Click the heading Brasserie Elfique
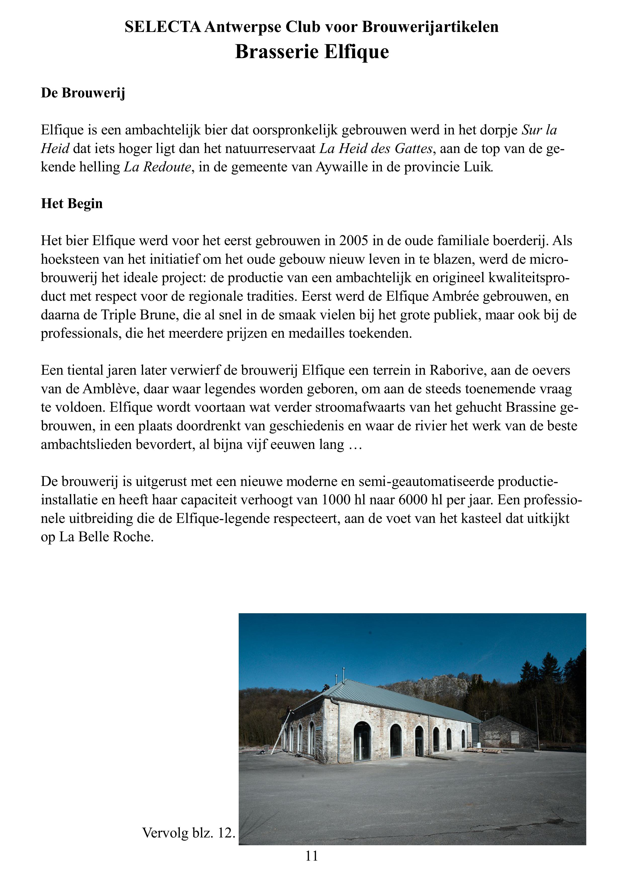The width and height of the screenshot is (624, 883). point(312,52)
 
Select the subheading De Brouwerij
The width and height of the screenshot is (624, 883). point(83,93)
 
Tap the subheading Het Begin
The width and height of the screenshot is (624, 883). point(72,203)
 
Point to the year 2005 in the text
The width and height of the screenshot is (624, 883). point(354,241)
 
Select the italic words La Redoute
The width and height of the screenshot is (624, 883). point(157,167)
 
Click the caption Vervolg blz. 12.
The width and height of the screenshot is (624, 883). point(188,833)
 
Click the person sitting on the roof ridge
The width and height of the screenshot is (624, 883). point(326,688)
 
